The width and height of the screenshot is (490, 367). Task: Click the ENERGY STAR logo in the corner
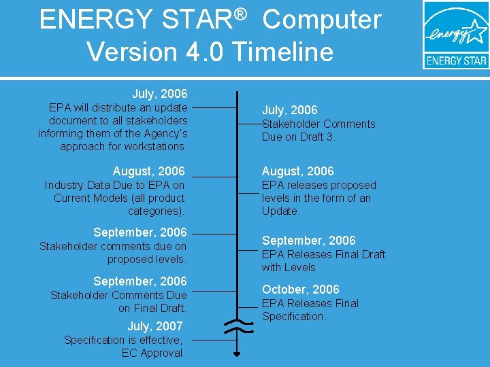455,35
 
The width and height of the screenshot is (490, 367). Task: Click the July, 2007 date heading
155,326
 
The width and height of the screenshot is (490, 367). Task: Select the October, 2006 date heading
300,290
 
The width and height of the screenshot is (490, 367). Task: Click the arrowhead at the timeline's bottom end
237,354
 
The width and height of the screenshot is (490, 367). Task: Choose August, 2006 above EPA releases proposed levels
297,171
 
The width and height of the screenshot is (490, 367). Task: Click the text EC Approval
152,353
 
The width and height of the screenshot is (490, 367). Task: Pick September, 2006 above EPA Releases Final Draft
308,241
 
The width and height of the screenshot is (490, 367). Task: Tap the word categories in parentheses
154,211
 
